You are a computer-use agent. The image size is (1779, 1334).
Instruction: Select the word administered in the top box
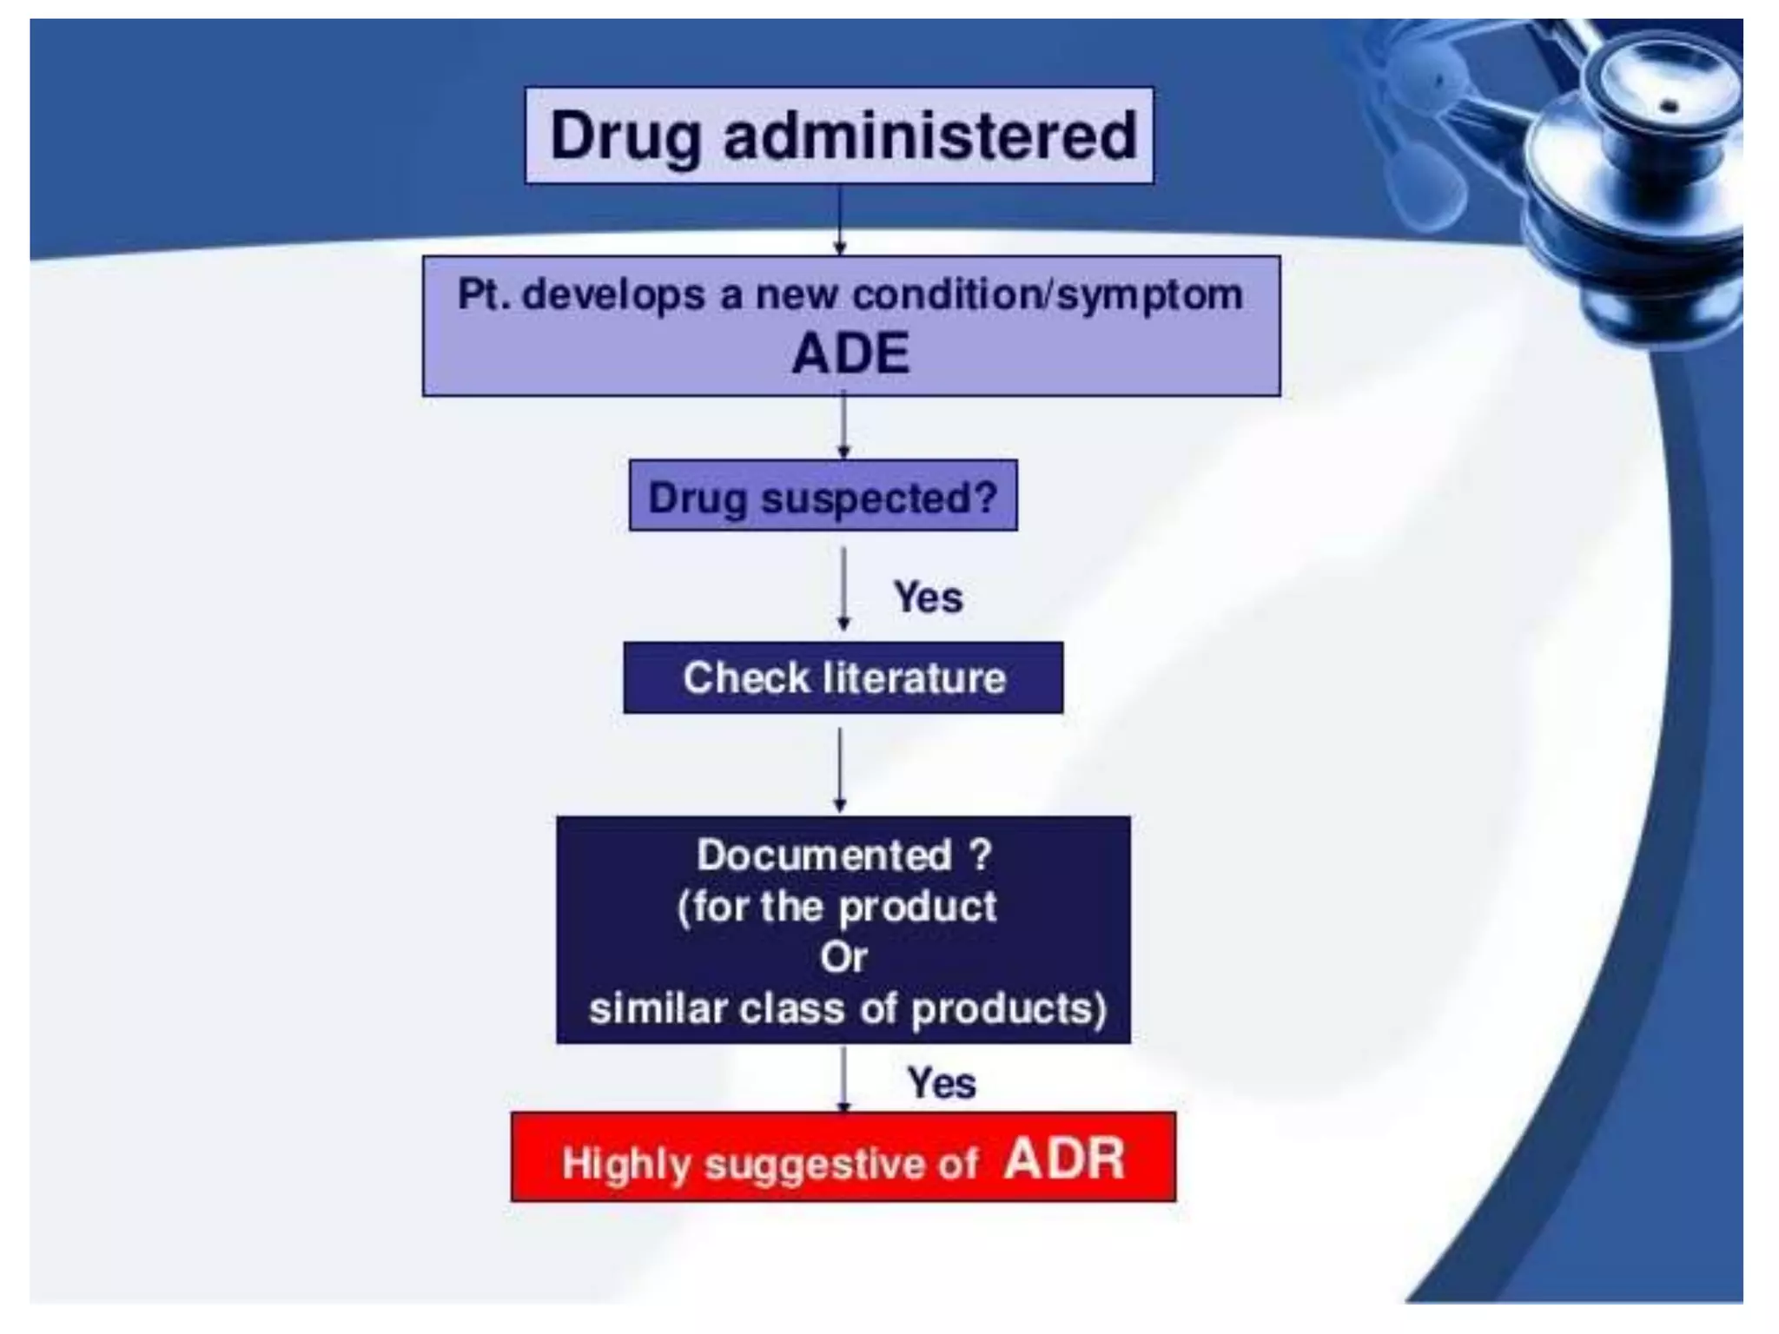(929, 136)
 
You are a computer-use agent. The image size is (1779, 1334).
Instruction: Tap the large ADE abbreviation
(850, 353)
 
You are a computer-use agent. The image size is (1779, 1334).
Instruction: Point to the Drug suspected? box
(823, 496)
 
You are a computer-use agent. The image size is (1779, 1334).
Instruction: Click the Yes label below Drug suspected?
(928, 598)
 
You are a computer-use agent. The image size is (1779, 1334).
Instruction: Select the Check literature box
(843, 677)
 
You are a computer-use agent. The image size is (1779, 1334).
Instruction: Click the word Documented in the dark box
(823, 855)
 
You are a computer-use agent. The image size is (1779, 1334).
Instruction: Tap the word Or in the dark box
(843, 958)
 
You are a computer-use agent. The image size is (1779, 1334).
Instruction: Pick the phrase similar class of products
(847, 1009)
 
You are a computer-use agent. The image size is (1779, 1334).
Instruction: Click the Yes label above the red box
(941, 1083)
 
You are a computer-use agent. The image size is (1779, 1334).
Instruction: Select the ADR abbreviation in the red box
(1063, 1159)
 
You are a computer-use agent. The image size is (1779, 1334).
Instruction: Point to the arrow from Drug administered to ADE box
(839, 219)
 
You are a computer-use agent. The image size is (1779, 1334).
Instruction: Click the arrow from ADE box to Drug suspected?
(843, 426)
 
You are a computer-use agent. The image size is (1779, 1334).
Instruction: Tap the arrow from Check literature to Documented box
(839, 768)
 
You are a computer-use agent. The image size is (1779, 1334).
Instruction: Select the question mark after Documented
(980, 855)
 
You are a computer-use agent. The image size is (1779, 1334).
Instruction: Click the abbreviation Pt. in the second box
(484, 294)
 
